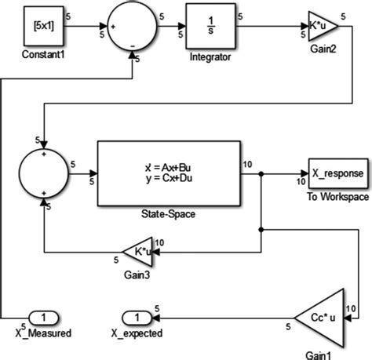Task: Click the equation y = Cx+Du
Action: click(170, 178)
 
